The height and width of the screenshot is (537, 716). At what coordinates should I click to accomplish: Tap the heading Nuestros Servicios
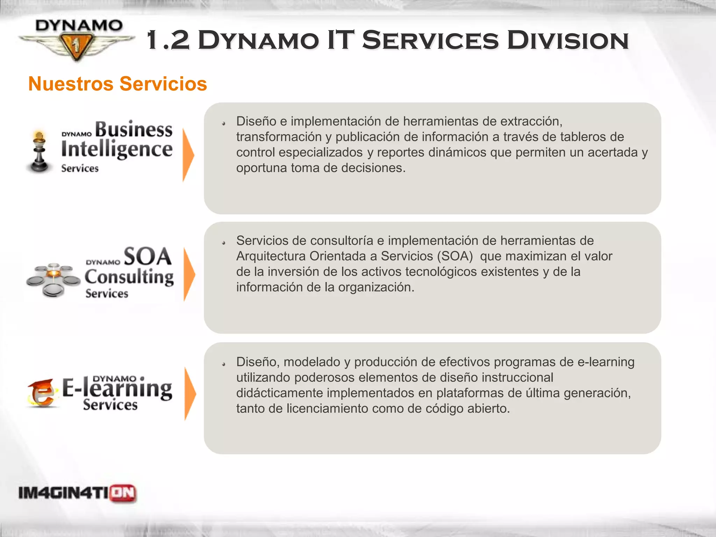[117, 84]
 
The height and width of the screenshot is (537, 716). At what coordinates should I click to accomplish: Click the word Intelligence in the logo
[117, 150]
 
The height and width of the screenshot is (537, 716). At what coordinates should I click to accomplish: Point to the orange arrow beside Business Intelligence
[188, 155]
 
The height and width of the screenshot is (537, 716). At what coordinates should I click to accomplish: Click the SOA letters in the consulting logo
[147, 257]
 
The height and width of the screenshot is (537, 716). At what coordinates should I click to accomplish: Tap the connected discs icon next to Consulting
[53, 280]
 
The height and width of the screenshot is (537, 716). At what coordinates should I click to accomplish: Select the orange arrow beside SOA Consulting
[189, 275]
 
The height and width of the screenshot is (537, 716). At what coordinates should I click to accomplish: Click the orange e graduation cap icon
[41, 394]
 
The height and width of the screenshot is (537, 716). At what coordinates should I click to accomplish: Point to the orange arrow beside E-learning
[190, 394]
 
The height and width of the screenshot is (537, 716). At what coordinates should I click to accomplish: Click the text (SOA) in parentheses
[454, 256]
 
